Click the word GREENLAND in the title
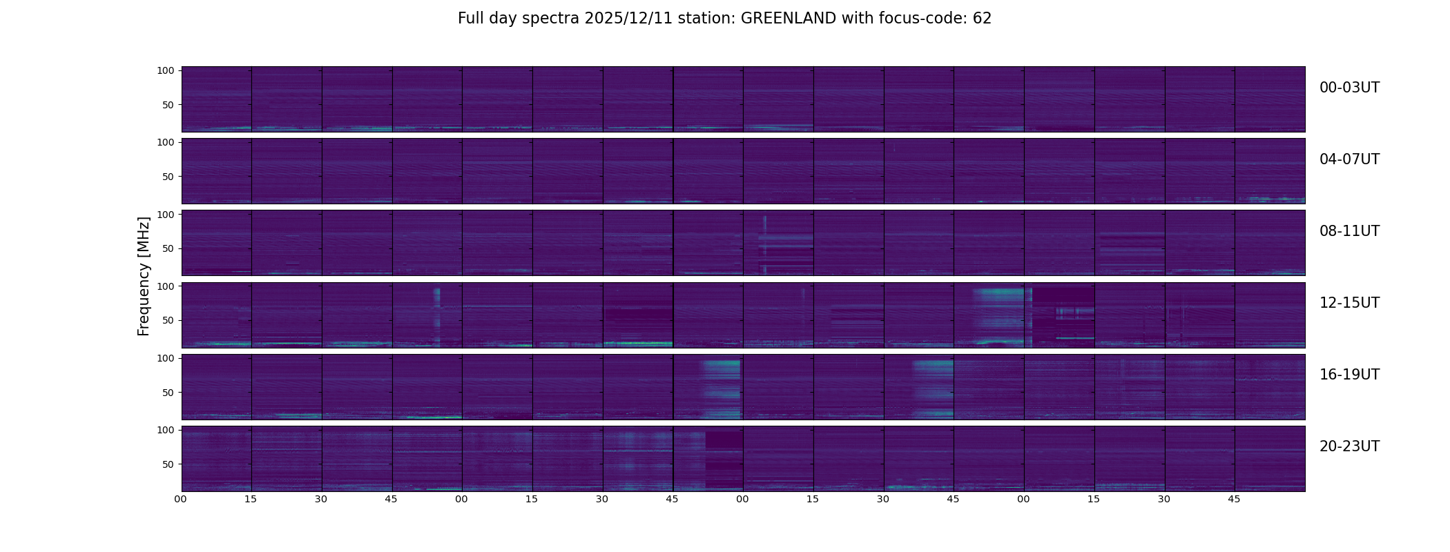click(x=789, y=19)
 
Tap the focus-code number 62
click(x=982, y=19)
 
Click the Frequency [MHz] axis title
click(x=144, y=276)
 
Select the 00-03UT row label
click(x=1349, y=88)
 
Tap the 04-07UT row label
click(x=1349, y=159)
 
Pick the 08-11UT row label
click(x=1349, y=231)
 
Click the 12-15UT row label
click(x=1349, y=303)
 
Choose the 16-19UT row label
click(x=1349, y=375)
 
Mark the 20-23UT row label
click(x=1349, y=446)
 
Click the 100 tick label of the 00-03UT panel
click(x=166, y=70)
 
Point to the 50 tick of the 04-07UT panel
click(x=168, y=177)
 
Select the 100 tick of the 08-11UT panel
click(x=166, y=215)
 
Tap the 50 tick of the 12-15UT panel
click(x=168, y=320)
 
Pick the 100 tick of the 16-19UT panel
click(x=166, y=358)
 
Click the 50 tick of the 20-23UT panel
click(x=168, y=464)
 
